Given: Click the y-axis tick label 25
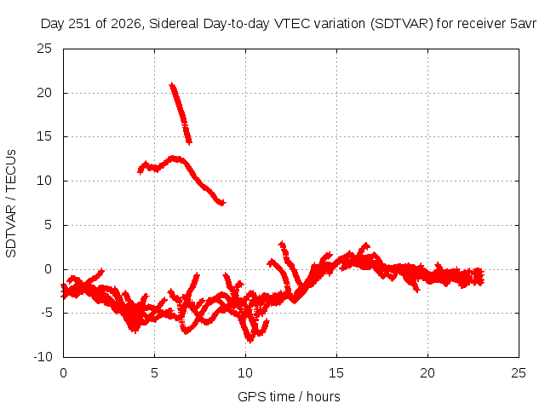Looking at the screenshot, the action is click(x=44, y=49).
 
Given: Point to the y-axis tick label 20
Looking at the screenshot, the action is click(x=44, y=93).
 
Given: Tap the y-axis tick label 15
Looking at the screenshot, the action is click(x=44, y=136).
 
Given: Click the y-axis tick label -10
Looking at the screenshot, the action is click(x=43, y=356).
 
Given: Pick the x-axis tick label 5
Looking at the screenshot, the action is click(x=154, y=373).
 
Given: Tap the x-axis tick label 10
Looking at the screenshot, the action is click(x=245, y=373).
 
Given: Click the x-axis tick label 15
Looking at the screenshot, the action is click(x=336, y=373).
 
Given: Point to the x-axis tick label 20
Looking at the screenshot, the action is click(x=427, y=373).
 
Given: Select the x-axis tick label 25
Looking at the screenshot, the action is click(x=519, y=373).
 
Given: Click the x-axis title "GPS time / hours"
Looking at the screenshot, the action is click(x=289, y=397).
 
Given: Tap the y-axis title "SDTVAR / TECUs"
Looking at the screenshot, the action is click(x=11, y=204).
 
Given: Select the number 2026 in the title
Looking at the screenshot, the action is click(x=125, y=24).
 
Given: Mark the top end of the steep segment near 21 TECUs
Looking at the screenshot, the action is click(x=172, y=84).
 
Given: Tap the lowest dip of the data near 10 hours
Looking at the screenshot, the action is click(x=250, y=340).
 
